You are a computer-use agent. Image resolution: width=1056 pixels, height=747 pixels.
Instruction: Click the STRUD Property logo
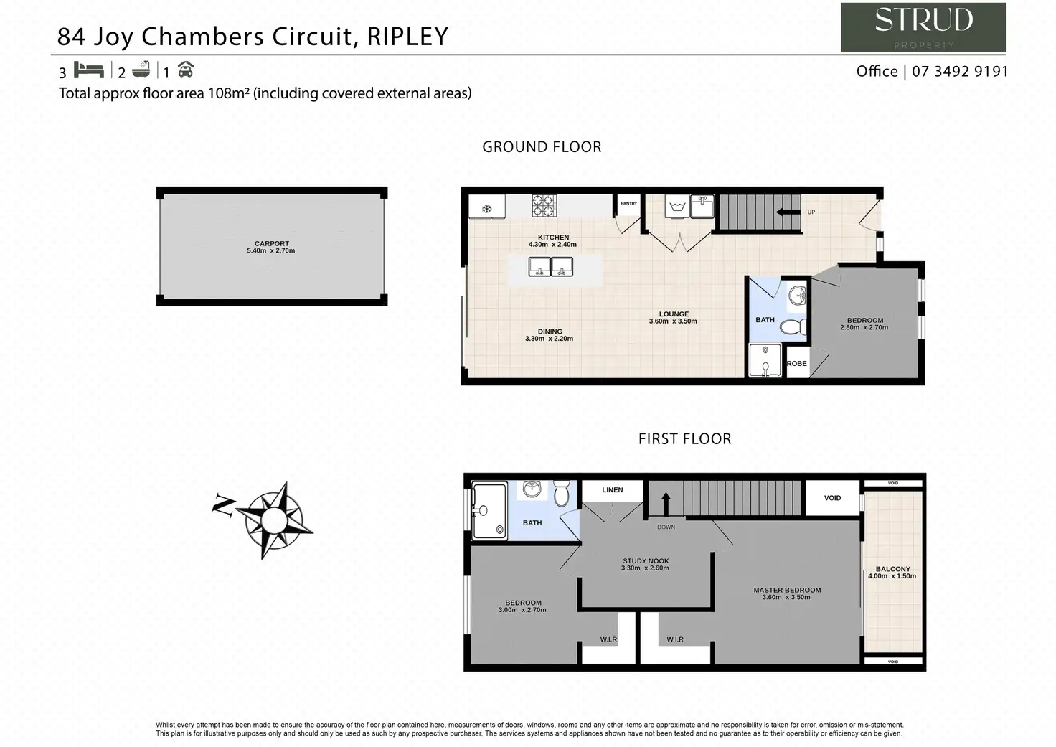pyautogui.click(x=923, y=27)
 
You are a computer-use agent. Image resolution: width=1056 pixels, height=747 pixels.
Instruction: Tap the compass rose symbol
pyautogui.click(x=272, y=519)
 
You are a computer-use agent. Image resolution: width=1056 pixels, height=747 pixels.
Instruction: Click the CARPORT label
pyautogui.click(x=271, y=243)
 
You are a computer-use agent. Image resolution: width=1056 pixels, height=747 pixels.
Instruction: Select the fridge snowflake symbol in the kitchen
pyautogui.click(x=486, y=209)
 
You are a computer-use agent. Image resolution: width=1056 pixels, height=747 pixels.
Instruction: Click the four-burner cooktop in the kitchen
pyautogui.click(x=544, y=206)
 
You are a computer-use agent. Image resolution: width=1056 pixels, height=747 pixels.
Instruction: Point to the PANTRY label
pyautogui.click(x=628, y=203)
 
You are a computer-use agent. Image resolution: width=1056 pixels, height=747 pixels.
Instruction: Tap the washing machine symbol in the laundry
pyautogui.click(x=676, y=207)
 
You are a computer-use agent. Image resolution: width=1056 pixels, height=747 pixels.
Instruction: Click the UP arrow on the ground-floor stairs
pyautogui.click(x=788, y=212)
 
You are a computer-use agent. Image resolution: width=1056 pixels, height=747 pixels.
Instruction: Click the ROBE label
pyautogui.click(x=796, y=364)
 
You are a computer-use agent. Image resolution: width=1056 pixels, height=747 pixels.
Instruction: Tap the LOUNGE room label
pyautogui.click(x=674, y=314)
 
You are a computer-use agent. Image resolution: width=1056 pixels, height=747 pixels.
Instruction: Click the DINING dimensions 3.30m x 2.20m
pyautogui.click(x=549, y=339)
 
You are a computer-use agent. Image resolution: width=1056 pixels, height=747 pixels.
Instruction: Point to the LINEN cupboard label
pyautogui.click(x=612, y=490)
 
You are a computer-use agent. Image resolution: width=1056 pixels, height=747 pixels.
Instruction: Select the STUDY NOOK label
pyautogui.click(x=646, y=561)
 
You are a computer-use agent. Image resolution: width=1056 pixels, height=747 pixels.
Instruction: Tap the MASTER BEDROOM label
pyautogui.click(x=787, y=590)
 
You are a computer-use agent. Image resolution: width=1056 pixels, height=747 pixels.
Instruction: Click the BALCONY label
pyautogui.click(x=892, y=569)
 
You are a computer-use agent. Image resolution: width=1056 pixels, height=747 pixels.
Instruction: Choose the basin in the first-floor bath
pyautogui.click(x=532, y=489)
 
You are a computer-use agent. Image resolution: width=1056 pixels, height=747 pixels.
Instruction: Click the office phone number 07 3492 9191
pyautogui.click(x=960, y=72)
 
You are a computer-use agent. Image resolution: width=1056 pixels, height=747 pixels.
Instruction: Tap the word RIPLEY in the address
pyautogui.click(x=407, y=37)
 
